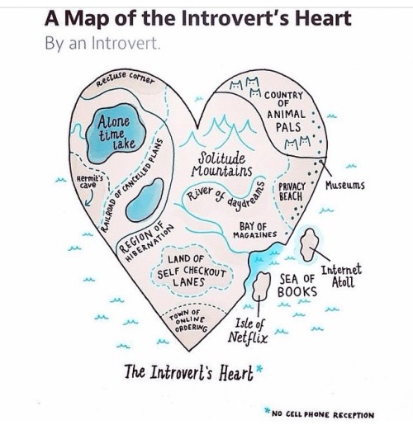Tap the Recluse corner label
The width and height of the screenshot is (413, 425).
[126, 78]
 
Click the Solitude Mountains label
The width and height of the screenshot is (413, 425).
[221, 164]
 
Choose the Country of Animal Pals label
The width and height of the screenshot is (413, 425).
[285, 111]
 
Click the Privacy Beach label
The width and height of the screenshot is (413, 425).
[292, 191]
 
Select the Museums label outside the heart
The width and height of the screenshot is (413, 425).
[345, 186]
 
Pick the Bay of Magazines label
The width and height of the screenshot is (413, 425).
[254, 230]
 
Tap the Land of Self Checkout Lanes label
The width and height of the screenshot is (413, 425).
[192, 271]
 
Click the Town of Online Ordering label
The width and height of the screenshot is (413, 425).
[189, 320]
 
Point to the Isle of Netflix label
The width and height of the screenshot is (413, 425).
[248, 331]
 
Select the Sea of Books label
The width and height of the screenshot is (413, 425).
[297, 286]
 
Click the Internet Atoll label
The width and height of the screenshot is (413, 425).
[341, 276]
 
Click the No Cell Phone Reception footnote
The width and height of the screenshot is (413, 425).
[320, 413]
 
